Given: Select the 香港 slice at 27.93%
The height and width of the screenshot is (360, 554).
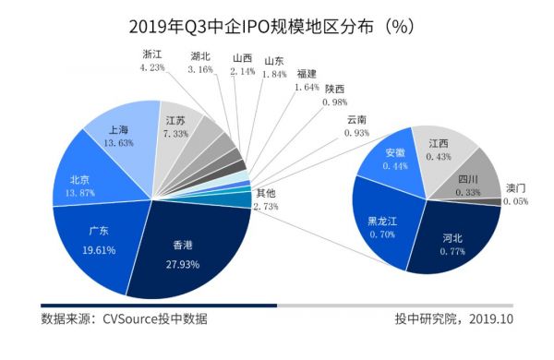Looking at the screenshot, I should (185, 253).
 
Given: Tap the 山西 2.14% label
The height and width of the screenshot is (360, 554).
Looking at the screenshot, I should (242, 64).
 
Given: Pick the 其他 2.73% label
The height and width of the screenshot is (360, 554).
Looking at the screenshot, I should (266, 199).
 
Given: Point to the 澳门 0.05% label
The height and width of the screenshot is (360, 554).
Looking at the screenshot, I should (518, 194).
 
